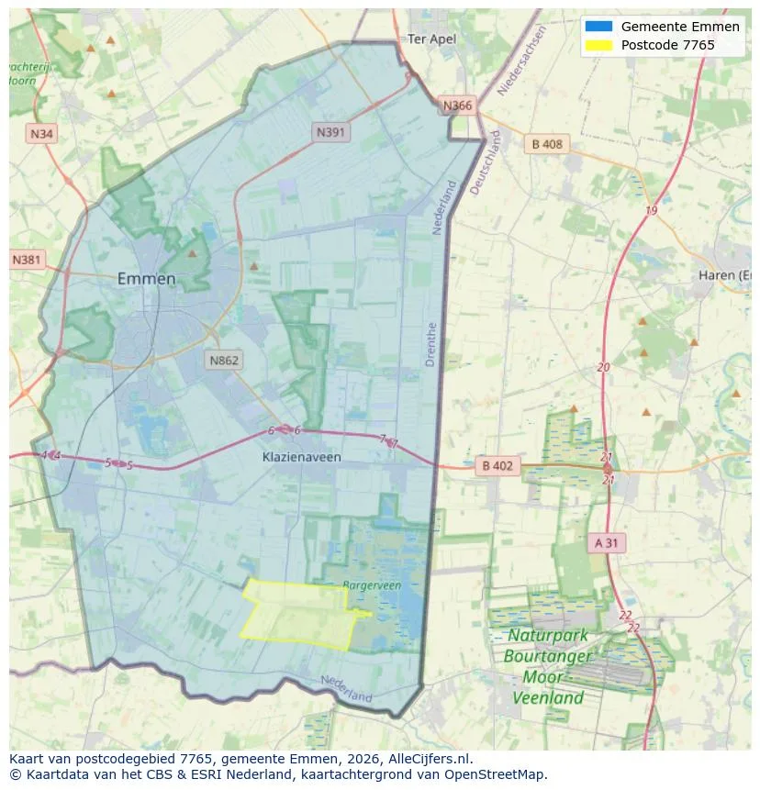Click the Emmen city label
click(x=147, y=279)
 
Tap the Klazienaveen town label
click(x=300, y=456)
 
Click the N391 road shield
click(x=331, y=132)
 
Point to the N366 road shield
click(x=457, y=106)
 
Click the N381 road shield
click(x=27, y=260)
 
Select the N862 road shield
click(x=224, y=360)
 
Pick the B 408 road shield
click(x=547, y=143)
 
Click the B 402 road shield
click(x=497, y=466)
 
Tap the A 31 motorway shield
click(x=607, y=543)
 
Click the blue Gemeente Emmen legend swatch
click(x=598, y=27)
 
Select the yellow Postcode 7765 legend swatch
click(x=598, y=45)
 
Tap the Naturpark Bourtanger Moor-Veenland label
click(x=548, y=666)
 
